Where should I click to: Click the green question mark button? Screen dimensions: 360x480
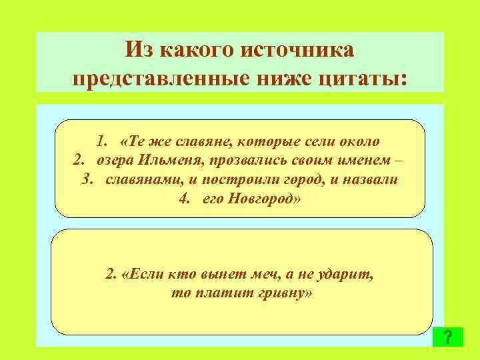(x=447, y=336)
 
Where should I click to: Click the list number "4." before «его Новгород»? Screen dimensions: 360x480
(x=186, y=200)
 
